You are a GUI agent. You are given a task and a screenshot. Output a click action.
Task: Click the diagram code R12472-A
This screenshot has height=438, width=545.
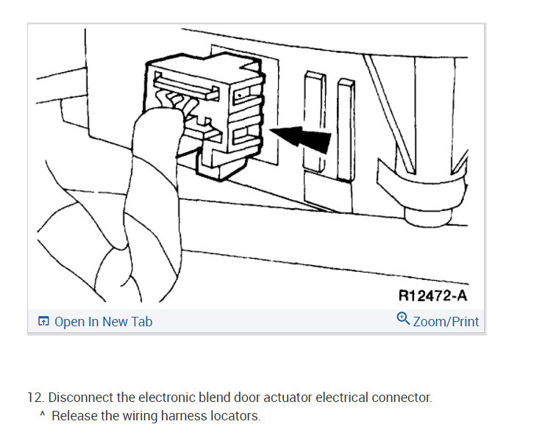432,295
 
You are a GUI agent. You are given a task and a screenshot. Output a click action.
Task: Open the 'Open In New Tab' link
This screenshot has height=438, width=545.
103,322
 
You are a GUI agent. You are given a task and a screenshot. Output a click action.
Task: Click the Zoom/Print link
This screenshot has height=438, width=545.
446,322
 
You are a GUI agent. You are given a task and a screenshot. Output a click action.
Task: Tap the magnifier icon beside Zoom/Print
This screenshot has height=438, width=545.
403,319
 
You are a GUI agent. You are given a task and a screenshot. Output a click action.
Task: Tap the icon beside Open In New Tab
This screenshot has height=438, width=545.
44,322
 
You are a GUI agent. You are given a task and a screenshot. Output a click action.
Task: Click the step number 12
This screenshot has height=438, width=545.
35,398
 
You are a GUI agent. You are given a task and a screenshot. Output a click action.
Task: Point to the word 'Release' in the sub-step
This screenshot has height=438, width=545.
73,416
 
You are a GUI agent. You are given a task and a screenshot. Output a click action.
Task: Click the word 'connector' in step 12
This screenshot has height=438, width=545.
405,398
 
